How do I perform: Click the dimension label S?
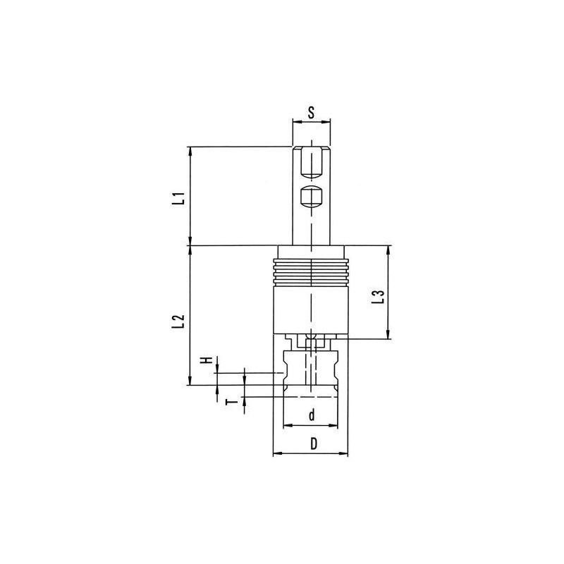point(312,113)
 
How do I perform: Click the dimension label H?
point(207,360)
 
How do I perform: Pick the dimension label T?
point(234,402)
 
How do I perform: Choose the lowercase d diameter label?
point(312,415)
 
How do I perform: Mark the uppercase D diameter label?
point(314,443)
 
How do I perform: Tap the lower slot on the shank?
point(311,197)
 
